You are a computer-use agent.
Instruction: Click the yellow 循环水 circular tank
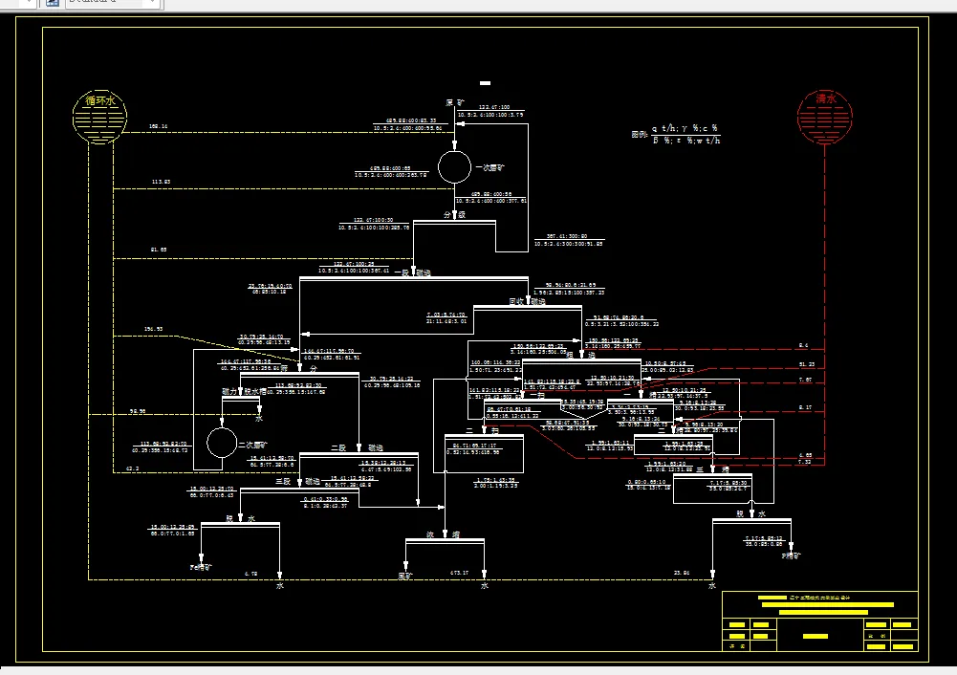pos(100,118)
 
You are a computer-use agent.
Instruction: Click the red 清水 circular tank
pos(825,118)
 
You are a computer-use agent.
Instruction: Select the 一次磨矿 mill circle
pos(454,166)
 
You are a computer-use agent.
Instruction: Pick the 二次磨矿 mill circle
pos(222,443)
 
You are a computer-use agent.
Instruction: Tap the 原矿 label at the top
pos(454,102)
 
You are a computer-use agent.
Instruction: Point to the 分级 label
pos(454,215)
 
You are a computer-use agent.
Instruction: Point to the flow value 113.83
pos(161,182)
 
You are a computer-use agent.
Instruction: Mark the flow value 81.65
pos(158,250)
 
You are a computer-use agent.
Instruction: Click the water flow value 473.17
pos(460,573)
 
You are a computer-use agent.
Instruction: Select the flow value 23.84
pos(682,573)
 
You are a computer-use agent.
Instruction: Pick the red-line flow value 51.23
pos(806,364)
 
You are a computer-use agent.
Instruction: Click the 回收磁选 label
pos(527,302)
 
